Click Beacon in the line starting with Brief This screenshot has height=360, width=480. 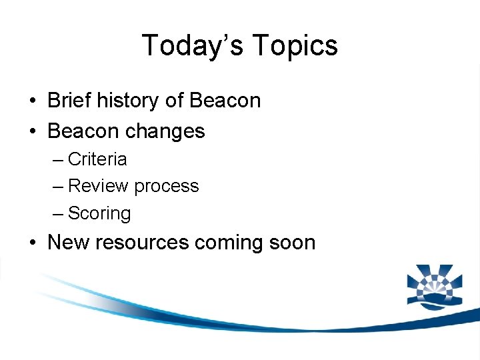(225, 101)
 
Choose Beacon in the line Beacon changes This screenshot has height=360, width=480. (83, 131)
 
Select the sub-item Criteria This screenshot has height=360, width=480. (97, 159)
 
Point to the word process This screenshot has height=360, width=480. (166, 186)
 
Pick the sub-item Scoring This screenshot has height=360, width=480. (99, 214)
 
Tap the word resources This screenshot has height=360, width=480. (142, 242)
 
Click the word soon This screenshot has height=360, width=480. (293, 242)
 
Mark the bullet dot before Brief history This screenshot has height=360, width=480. (32, 101)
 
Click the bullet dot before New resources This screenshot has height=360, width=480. (32, 243)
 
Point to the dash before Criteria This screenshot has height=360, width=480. (58, 160)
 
